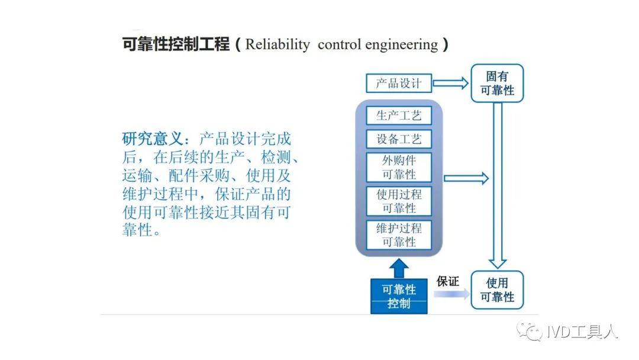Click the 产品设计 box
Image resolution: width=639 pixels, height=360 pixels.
pos(399,83)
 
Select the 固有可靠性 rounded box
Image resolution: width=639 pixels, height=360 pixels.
pos(497,83)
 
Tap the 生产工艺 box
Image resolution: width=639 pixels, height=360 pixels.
pos(399,115)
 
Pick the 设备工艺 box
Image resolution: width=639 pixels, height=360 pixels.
pos(399,139)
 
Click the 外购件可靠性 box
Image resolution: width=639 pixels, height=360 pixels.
pos(399,167)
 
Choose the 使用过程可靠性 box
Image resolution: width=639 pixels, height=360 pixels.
pos(399,201)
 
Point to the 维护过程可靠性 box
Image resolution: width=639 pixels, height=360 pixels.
pos(399,235)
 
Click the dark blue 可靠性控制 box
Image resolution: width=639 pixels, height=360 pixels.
pos(399,297)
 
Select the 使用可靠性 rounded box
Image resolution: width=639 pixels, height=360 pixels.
pos(497,290)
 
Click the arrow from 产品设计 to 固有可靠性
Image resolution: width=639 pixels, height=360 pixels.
pos(450,83)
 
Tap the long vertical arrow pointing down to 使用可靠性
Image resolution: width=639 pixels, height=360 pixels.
pos(498,185)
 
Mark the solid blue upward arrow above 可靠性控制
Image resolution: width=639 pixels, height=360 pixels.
pos(399,268)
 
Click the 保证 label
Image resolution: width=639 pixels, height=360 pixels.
pos(447,281)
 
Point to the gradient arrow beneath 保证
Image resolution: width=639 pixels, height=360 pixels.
pos(451,294)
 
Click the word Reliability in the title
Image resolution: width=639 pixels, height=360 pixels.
pos(277,44)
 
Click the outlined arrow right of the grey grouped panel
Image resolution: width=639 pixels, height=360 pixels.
pos(466,178)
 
